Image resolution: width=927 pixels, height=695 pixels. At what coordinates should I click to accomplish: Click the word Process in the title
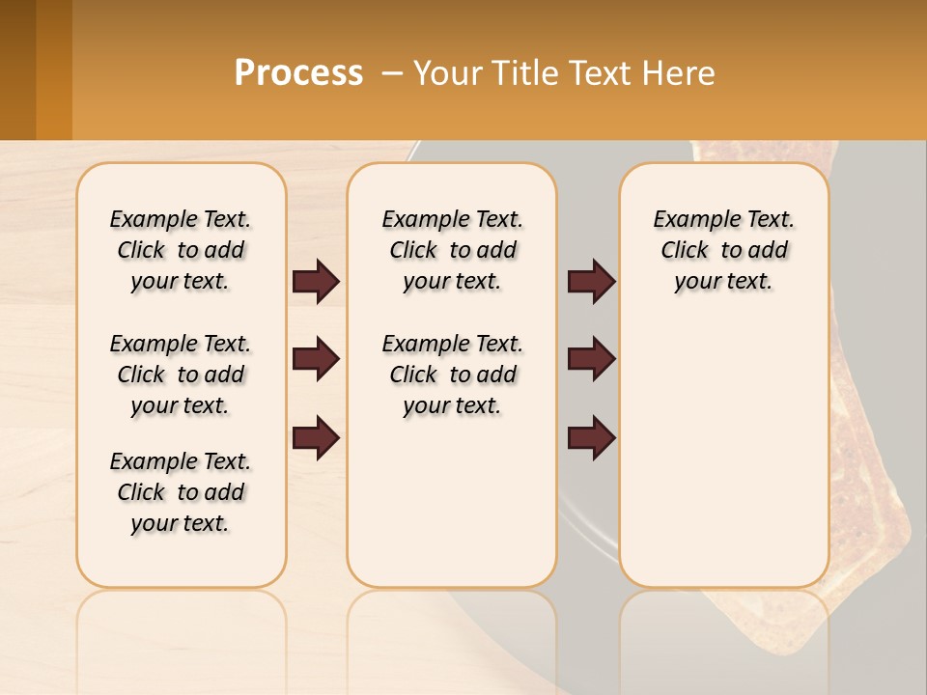point(298,73)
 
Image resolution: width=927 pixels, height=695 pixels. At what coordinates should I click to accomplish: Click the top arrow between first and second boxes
point(316,281)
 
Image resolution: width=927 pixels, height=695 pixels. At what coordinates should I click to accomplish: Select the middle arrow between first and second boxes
point(316,359)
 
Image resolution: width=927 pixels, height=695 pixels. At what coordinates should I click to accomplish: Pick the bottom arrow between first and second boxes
point(316,438)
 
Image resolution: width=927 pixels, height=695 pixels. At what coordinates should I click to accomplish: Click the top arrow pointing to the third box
point(591,281)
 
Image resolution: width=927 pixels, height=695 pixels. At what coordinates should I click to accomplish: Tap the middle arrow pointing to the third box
point(591,359)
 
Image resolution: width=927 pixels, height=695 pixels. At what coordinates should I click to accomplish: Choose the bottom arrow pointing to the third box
point(591,438)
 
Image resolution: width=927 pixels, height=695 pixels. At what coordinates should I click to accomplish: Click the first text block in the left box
point(181,250)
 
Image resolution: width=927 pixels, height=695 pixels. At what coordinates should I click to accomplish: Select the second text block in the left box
point(181,375)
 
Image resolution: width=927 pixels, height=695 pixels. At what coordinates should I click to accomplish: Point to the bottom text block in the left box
point(181,492)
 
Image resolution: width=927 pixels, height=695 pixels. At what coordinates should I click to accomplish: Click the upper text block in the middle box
point(452,250)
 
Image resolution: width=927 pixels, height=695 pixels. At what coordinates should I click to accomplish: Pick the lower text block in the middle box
point(452,375)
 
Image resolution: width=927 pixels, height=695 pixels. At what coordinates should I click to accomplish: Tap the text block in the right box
point(723,250)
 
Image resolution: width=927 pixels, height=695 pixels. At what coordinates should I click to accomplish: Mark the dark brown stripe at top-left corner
point(17,69)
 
